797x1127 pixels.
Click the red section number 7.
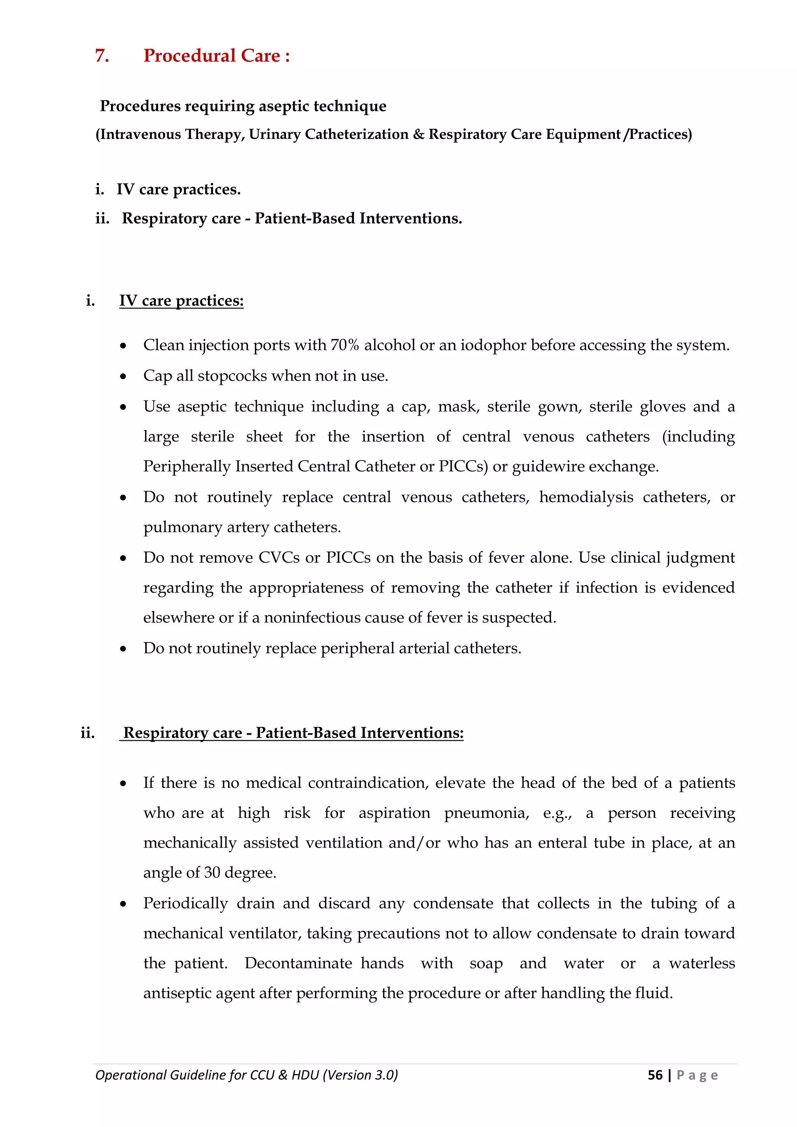(101, 56)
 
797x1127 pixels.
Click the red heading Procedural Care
(212, 56)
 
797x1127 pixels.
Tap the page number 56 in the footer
(655, 1075)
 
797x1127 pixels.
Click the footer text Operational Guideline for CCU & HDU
(246, 1075)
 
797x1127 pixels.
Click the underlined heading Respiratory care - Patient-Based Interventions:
(293, 733)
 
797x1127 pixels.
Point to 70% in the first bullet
(345, 346)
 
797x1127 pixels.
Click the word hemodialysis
(586, 497)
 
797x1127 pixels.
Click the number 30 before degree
(212, 873)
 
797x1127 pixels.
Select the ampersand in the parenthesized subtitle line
(418, 135)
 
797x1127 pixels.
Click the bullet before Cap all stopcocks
(123, 377)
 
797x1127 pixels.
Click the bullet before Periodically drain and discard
(123, 904)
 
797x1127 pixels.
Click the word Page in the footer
(697, 1075)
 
